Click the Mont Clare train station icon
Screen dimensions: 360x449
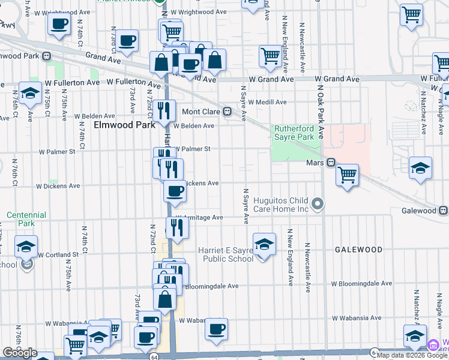coord(228,112)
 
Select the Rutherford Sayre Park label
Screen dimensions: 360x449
coord(294,133)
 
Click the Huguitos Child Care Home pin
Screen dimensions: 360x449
coord(318,205)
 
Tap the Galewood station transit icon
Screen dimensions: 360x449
coord(444,211)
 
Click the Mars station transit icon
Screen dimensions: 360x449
coord(331,163)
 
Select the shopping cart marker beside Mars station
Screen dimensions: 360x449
coord(347,175)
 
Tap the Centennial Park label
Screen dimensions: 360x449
coord(26,219)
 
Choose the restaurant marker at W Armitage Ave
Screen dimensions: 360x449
coord(177,227)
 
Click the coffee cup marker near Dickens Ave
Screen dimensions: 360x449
coord(175,191)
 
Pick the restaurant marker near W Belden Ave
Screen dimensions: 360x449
coord(163,110)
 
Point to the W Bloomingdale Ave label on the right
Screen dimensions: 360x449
coord(361,284)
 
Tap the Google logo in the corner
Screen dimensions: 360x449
coord(20,353)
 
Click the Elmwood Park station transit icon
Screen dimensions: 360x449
coord(46,56)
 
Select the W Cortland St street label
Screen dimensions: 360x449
coord(59,254)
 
